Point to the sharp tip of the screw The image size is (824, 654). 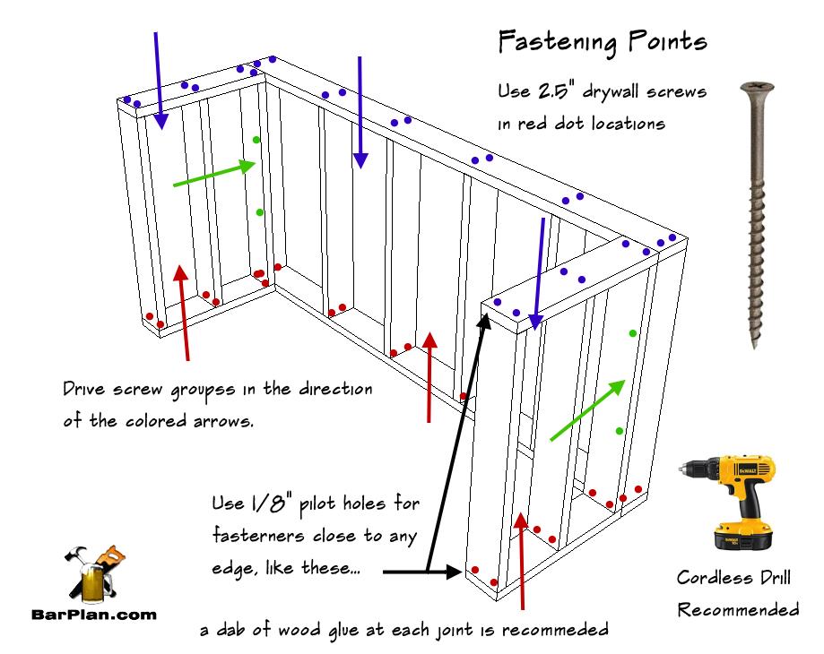754,345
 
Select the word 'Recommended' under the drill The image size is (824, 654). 738,610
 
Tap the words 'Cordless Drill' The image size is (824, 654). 738,579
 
